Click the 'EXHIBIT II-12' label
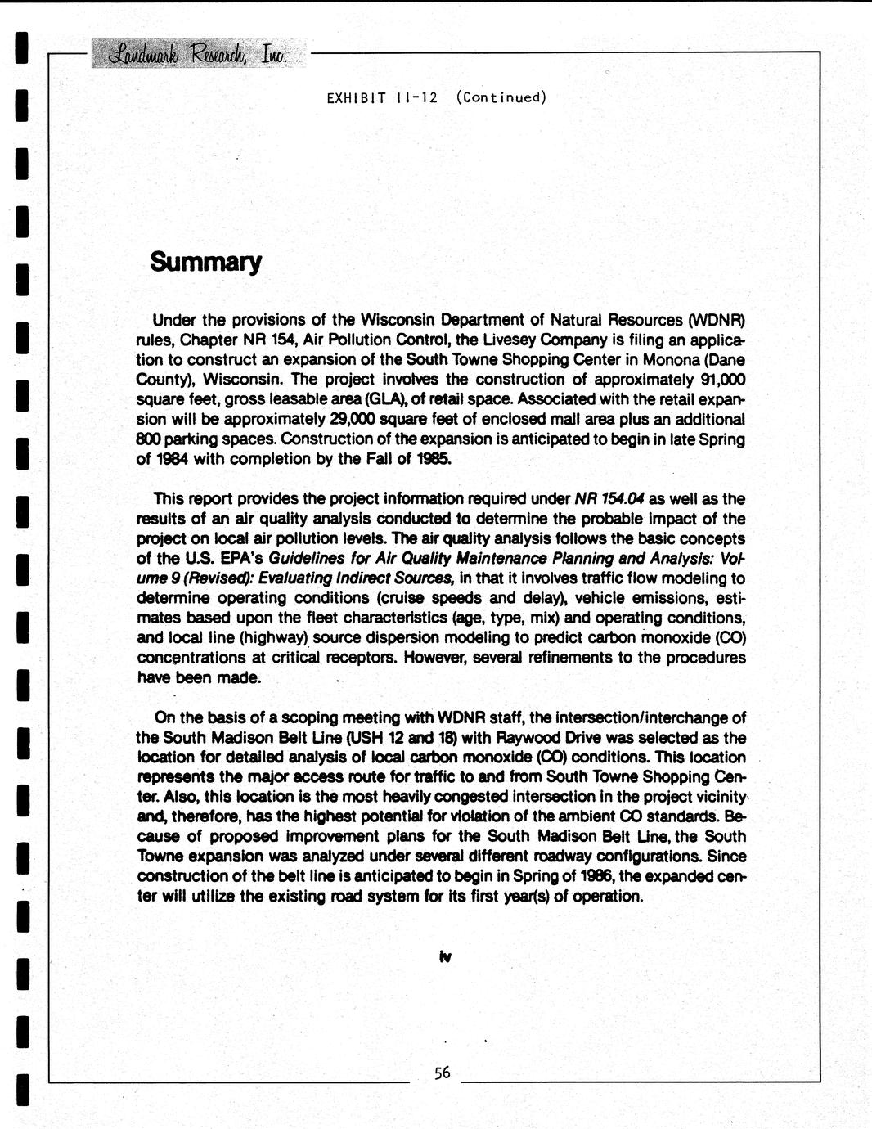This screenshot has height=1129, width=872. point(382,98)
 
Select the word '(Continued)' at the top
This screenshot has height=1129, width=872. point(501,98)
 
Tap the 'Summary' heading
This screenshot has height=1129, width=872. point(205,263)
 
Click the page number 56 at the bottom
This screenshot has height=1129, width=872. point(443,1073)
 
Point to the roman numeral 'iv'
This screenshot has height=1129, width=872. point(446,956)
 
